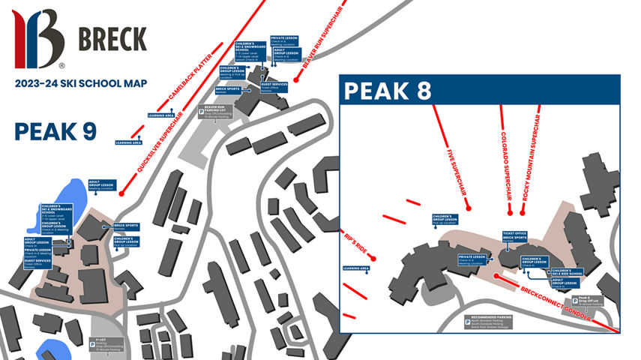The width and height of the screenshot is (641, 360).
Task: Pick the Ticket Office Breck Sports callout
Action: pos(515,236)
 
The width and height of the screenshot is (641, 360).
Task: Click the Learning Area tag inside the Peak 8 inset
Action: pos(355,268)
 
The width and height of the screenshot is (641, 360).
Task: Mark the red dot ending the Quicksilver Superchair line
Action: pos(121,195)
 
